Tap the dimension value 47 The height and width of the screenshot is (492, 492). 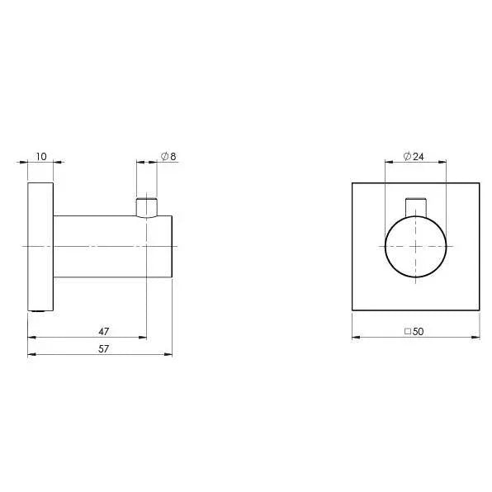tap(103, 330)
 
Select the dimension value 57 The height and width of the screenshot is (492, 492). tap(103, 348)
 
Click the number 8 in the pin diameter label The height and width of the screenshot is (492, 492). tap(172, 155)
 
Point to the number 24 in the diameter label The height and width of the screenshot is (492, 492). tap(419, 155)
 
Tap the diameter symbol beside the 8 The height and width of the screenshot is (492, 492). tap(163, 155)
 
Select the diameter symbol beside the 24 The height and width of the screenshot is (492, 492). tap(408, 155)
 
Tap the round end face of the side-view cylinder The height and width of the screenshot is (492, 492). tap(171, 246)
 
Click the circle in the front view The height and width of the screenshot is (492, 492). tap(415, 246)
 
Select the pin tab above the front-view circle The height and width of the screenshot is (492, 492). tap(415, 206)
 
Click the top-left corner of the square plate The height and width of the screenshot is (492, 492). tap(352, 183)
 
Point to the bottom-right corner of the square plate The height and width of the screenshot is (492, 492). tap(479, 310)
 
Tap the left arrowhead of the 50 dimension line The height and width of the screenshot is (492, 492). tap(356, 337)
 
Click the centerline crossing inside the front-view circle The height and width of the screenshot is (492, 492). tap(415, 246)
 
